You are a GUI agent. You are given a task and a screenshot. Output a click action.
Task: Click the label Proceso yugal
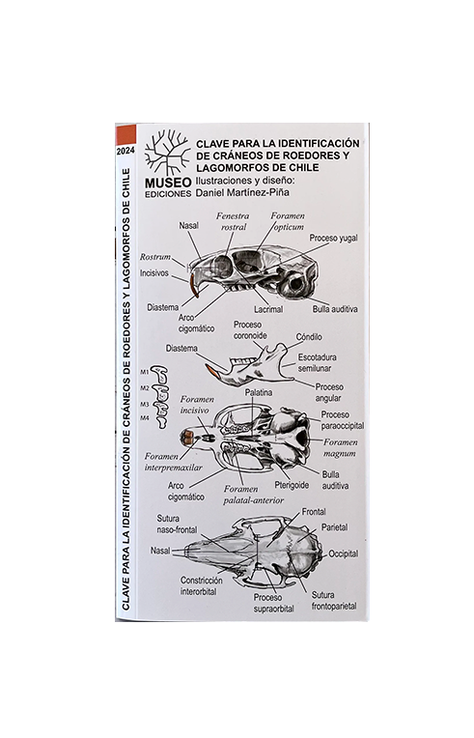pyautogui.click(x=334, y=237)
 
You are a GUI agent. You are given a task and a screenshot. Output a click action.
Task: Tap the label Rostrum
pyautogui.click(x=154, y=258)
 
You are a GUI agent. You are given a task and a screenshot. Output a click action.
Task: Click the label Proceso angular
pyautogui.click(x=329, y=392)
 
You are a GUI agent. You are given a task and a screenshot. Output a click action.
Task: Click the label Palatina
pyautogui.click(x=258, y=394)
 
